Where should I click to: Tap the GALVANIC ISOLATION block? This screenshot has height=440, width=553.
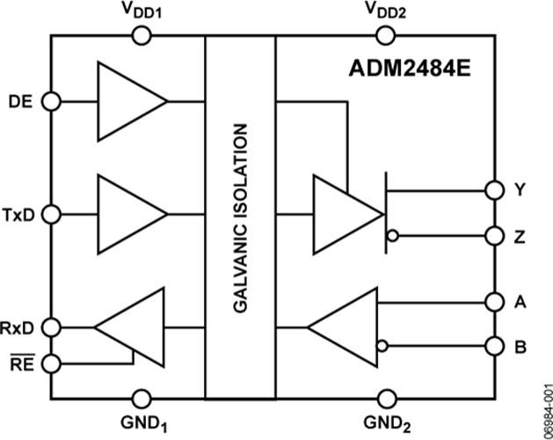pyautogui.click(x=240, y=216)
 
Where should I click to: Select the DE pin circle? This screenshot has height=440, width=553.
pyautogui.click(x=52, y=101)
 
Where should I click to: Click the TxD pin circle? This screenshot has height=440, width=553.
pyautogui.click(x=52, y=214)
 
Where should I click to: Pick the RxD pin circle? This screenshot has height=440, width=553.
pyautogui.click(x=52, y=327)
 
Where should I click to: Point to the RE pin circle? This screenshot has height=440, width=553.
pyautogui.click(x=52, y=362)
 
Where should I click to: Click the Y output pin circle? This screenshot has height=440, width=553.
pyautogui.click(x=493, y=189)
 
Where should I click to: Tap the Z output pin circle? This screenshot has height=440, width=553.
pyautogui.click(x=493, y=236)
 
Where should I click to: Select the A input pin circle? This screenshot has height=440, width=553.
pyautogui.click(x=493, y=301)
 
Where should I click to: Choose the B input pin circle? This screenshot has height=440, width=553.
pyautogui.click(x=493, y=345)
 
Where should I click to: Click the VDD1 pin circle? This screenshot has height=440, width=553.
pyautogui.click(x=141, y=35)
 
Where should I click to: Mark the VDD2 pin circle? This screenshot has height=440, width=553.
pyautogui.click(x=384, y=35)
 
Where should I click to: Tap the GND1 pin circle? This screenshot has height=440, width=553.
pyautogui.click(x=141, y=397)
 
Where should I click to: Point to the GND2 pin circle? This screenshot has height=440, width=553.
pyautogui.click(x=384, y=397)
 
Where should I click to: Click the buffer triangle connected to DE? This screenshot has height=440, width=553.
pyautogui.click(x=127, y=101)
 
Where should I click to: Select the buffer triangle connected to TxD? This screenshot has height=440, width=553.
pyautogui.click(x=127, y=214)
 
